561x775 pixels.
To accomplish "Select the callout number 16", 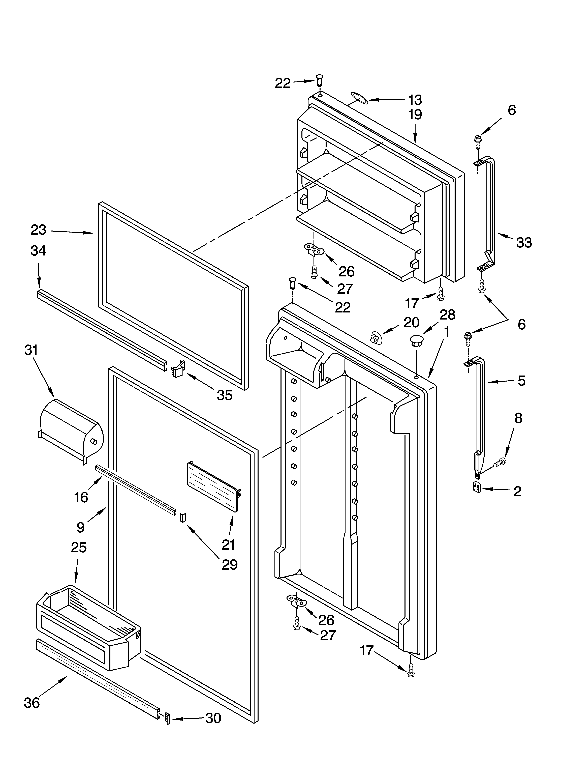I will click(81, 497).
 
